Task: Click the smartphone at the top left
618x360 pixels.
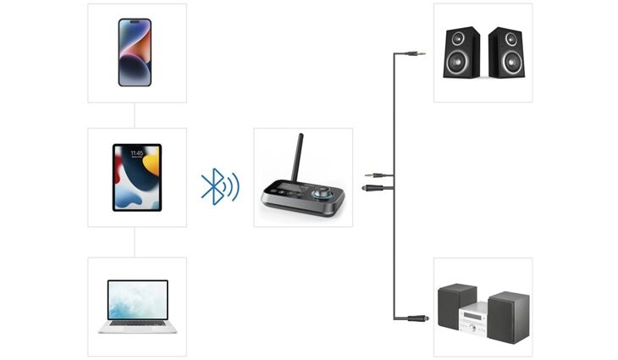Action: [x=135, y=52]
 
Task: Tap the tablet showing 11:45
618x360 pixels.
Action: [x=136, y=177]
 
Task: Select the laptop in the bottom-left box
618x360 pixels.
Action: [x=137, y=305]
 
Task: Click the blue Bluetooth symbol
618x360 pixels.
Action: [x=216, y=186]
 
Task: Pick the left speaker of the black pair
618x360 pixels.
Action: [x=462, y=53]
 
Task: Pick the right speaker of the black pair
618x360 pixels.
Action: [x=505, y=53]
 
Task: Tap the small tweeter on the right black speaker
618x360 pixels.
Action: [x=506, y=38]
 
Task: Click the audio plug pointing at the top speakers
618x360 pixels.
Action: [x=416, y=53]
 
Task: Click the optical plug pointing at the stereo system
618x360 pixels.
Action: [x=417, y=318]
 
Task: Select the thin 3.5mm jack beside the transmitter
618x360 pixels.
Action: [x=375, y=174]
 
